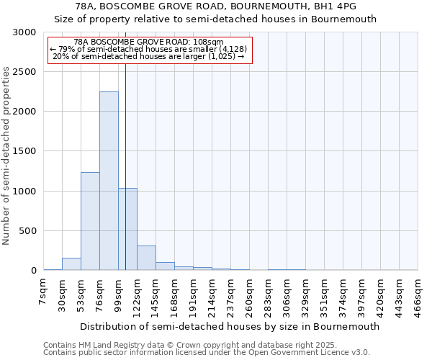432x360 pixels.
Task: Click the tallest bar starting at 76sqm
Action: pyautogui.click(x=109, y=181)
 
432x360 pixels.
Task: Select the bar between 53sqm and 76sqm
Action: pyautogui.click(x=90, y=221)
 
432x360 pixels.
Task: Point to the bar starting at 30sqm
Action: pyautogui.click(x=71, y=264)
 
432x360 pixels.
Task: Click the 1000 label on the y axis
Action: pyautogui.click(x=25, y=192)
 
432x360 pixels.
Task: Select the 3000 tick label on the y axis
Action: pyautogui.click(x=25, y=32)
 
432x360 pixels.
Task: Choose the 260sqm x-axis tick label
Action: pyautogui.click(x=250, y=295)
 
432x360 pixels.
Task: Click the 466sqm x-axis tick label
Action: pyautogui.click(x=418, y=295)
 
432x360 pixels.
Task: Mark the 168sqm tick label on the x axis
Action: pyautogui.click(x=175, y=295)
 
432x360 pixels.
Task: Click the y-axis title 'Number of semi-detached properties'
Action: pyautogui.click(x=7, y=156)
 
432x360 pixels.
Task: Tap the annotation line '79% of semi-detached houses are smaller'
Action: pyautogui.click(x=150, y=49)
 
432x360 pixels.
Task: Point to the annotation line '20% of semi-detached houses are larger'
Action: pyautogui.click(x=150, y=56)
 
